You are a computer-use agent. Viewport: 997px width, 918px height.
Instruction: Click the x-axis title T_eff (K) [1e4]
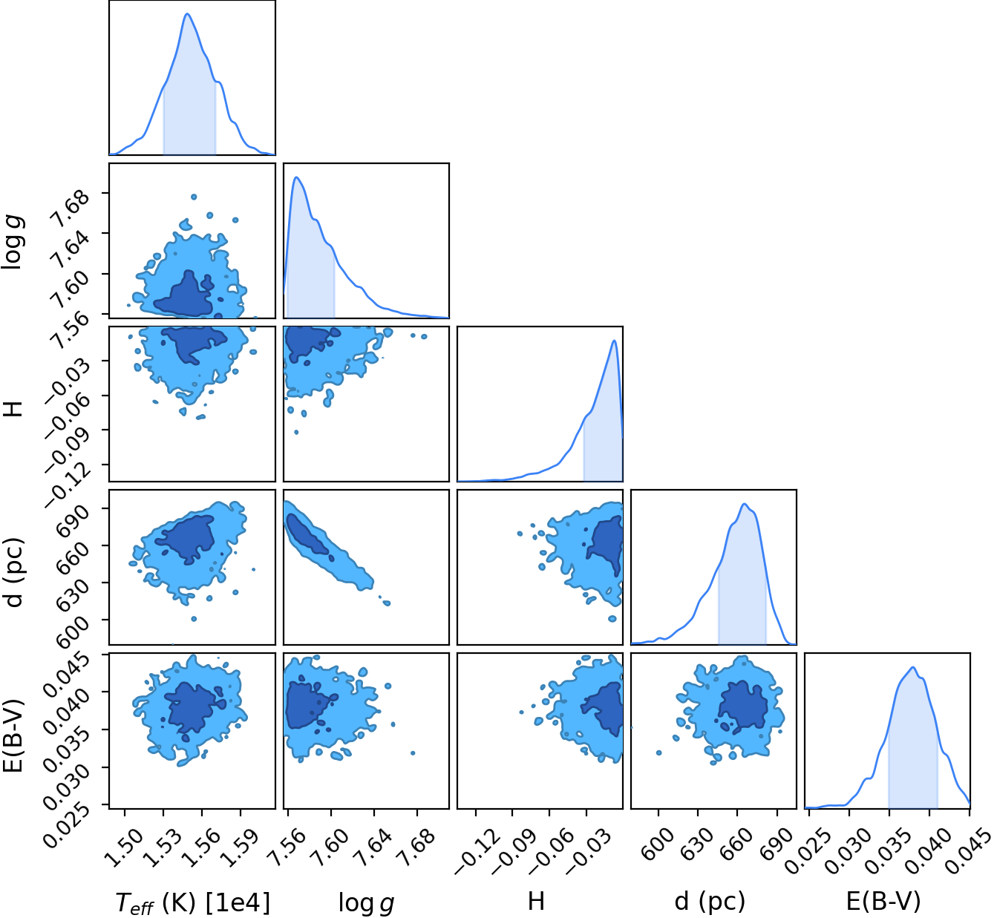tap(193, 902)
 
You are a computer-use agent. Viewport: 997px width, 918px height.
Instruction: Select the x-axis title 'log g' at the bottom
tap(366, 902)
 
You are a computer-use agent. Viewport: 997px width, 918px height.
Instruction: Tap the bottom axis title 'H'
tap(536, 901)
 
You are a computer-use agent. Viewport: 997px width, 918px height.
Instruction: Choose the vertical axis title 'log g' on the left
tap(13, 242)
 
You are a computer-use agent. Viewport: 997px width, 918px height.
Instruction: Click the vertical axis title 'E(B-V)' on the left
tap(13, 736)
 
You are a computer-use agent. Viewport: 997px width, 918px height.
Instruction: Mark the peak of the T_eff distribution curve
tap(187, 13)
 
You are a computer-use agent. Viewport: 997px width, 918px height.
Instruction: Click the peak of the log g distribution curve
tap(296, 177)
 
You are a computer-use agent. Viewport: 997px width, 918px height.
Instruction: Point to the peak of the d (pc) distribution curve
tap(745, 504)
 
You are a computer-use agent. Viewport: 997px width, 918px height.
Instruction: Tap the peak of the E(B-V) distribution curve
tap(913, 667)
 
